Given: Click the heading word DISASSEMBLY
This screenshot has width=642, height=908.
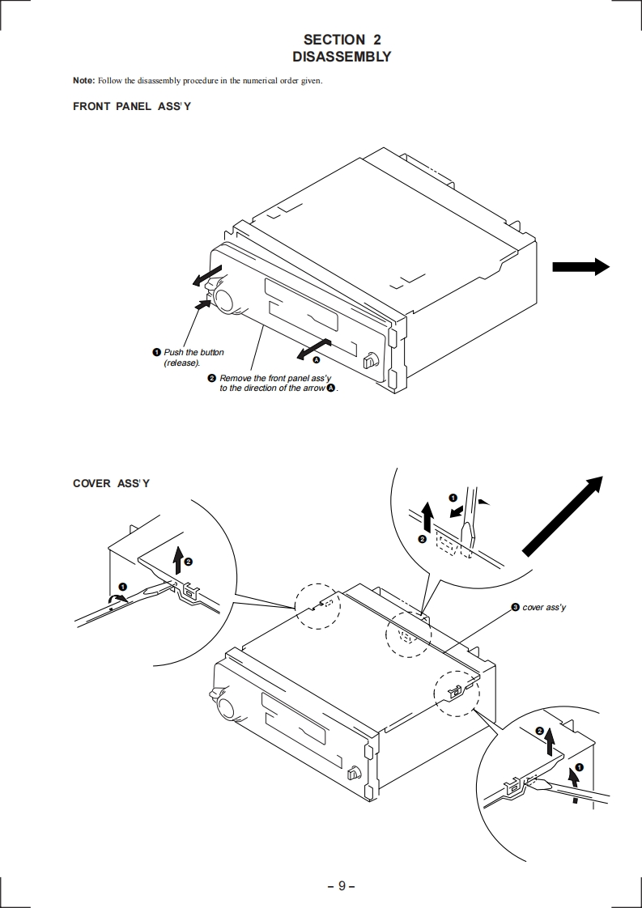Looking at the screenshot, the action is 342,57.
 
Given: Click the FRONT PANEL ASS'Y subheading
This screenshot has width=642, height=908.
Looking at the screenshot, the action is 131,107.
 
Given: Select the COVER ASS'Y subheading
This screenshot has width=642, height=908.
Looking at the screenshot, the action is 111,483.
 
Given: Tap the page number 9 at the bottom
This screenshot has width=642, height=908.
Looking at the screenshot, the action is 342,886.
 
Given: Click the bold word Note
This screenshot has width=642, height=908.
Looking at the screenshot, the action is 83,80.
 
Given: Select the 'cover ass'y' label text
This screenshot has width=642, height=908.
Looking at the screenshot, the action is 544,607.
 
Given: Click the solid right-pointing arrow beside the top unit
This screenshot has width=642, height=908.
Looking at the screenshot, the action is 581,266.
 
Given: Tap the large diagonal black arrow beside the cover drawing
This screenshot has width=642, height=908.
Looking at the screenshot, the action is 563,516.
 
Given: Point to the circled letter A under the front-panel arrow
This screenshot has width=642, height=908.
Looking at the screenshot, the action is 317,359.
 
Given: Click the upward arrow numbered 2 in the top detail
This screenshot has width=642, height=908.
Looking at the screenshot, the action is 427,517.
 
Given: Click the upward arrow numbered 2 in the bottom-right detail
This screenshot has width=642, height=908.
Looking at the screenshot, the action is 548,741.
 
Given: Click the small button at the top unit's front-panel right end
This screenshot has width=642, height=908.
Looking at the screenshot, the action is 369,362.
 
